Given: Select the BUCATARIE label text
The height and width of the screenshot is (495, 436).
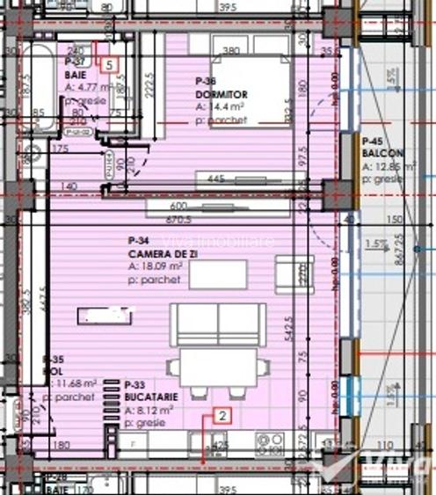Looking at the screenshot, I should pyautogui.click(x=148, y=397).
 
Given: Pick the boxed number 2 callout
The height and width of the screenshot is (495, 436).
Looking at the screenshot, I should pyautogui.click(x=223, y=418).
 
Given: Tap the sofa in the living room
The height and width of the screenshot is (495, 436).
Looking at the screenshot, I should pyautogui.click(x=217, y=326).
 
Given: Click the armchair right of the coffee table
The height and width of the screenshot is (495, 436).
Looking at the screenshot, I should pyautogui.click(x=293, y=274).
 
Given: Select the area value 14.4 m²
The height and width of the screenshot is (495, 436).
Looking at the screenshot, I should pyautogui.click(x=220, y=106).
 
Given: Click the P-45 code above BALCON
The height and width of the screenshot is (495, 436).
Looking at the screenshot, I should pyautogui.click(x=373, y=141).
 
